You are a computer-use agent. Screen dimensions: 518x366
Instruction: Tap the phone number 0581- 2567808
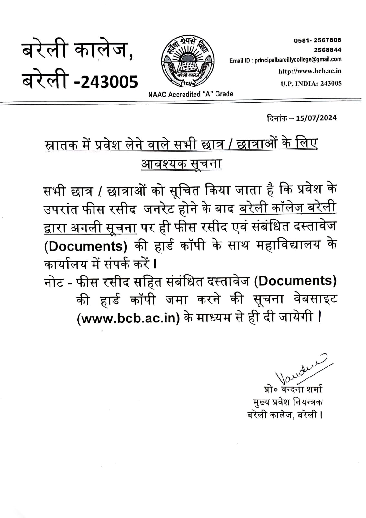[317, 40]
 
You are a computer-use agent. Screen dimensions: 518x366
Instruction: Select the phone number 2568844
[327, 50]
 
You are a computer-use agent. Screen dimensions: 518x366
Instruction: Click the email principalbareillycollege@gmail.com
[298, 60]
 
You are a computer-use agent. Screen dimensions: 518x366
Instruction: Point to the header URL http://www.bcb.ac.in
[310, 71]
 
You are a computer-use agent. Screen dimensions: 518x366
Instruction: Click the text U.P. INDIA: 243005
[311, 84]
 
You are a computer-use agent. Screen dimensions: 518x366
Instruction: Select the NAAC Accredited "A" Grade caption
[191, 94]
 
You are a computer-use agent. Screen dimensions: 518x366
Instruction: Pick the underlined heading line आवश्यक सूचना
[182, 163]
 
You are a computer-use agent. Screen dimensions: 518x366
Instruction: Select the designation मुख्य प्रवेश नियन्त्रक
[288, 402]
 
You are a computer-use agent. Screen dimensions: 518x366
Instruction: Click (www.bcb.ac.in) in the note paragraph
[128, 319]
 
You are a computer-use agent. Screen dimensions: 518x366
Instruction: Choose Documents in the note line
[295, 281]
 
